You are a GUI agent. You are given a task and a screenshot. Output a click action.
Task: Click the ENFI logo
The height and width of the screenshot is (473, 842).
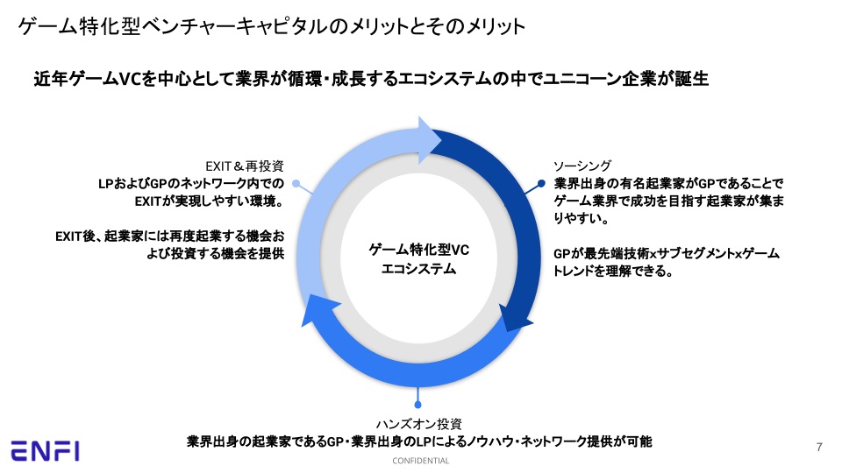[x=46, y=451]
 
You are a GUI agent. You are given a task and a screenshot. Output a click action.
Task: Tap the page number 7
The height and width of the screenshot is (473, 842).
[x=819, y=448]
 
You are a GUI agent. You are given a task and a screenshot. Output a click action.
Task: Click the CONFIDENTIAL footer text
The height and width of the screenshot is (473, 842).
[x=420, y=461]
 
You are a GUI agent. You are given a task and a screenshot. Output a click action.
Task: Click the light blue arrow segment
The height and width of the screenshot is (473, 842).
[x=333, y=201]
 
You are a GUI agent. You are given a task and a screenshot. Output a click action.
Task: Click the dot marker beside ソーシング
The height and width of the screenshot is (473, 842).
[x=541, y=184]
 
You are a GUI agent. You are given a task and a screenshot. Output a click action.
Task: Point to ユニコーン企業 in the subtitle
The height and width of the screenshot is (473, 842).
[x=593, y=79]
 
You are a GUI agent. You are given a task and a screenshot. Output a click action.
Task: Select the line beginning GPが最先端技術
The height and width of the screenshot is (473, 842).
[x=667, y=253]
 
